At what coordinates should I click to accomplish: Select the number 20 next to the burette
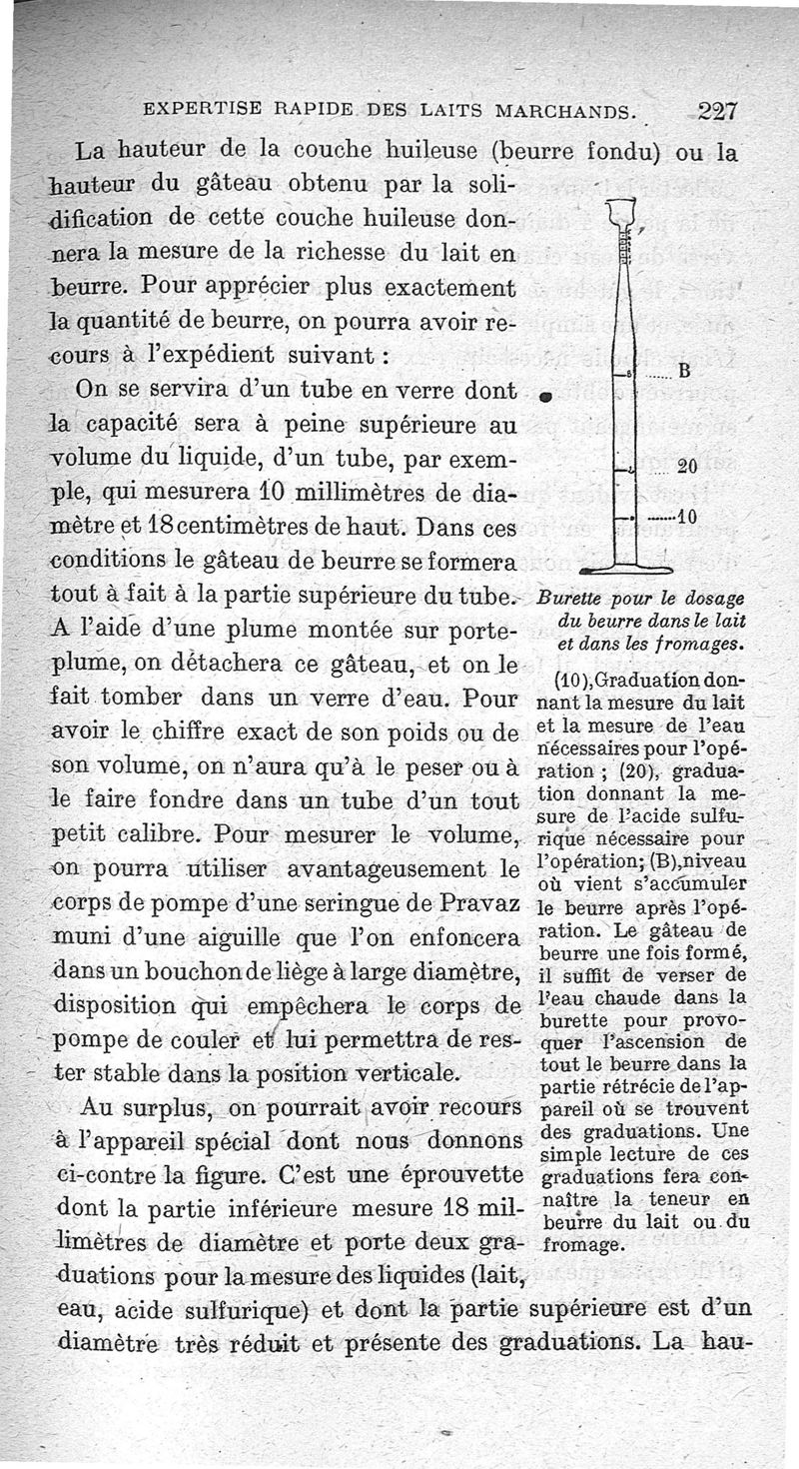click(x=686, y=467)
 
